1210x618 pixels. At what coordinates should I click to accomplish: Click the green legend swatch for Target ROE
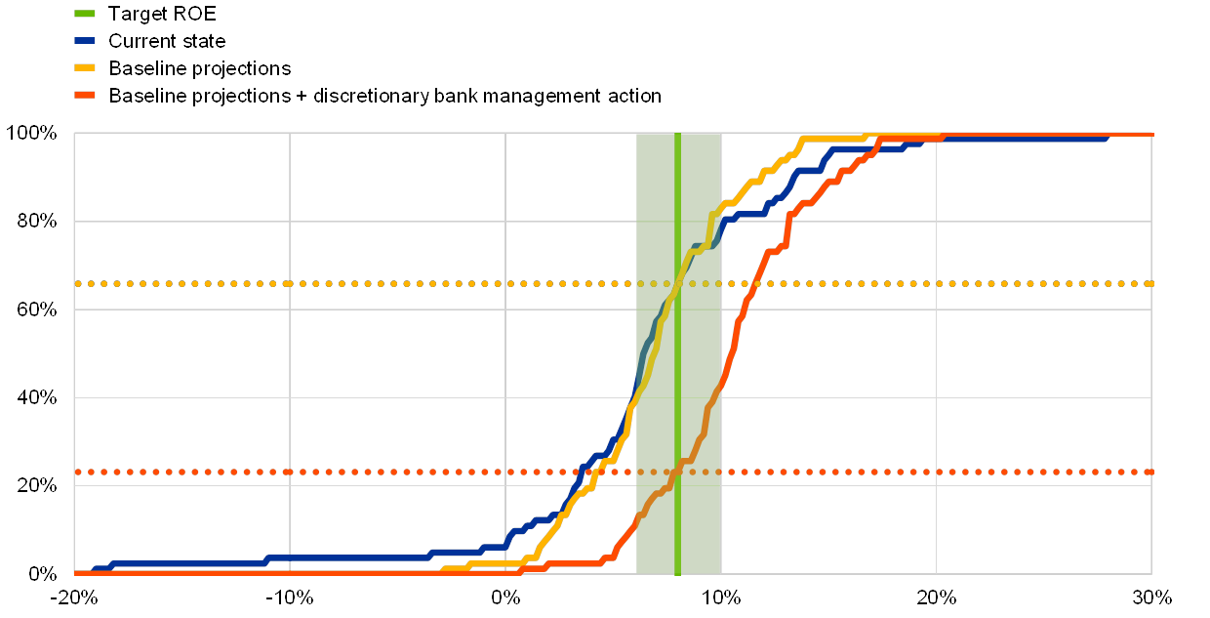[x=85, y=14]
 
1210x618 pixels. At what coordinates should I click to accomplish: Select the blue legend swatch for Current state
[x=85, y=41]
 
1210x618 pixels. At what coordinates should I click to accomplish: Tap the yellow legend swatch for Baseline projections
[x=85, y=68]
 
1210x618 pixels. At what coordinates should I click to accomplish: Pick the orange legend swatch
[x=85, y=96]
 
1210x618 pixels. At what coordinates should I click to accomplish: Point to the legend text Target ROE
[x=156, y=14]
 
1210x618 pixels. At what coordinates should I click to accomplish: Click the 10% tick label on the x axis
[x=720, y=597]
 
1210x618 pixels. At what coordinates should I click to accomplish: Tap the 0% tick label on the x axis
[x=505, y=597]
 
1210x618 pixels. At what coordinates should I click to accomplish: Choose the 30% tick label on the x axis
[x=1150, y=597]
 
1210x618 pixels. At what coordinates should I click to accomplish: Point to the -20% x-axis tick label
[x=76, y=597]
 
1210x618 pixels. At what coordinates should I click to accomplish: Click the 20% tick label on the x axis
[x=936, y=597]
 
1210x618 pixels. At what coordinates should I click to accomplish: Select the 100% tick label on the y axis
[x=31, y=134]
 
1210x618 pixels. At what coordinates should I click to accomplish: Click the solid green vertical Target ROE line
[x=677, y=391]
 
